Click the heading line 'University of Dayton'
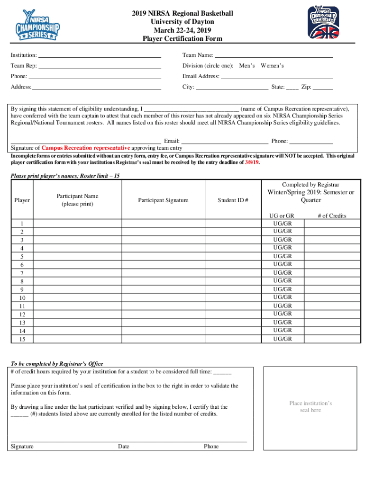click(x=182, y=22)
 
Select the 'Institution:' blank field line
click(x=100, y=56)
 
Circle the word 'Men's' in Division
click(x=247, y=66)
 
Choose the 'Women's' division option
click(x=272, y=66)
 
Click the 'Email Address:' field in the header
click(x=277, y=76)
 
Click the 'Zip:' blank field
click(x=323, y=87)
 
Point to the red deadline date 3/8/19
click(x=252, y=162)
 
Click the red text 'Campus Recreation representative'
click(x=86, y=148)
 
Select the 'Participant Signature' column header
click(x=163, y=200)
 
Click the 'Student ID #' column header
click(x=233, y=200)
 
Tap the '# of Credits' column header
click(x=332, y=216)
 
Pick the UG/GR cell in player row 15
click(x=283, y=339)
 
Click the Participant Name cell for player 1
click(x=77, y=223)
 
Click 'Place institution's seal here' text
click(x=310, y=407)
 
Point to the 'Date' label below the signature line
click(x=124, y=446)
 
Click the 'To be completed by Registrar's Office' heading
click(x=57, y=364)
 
